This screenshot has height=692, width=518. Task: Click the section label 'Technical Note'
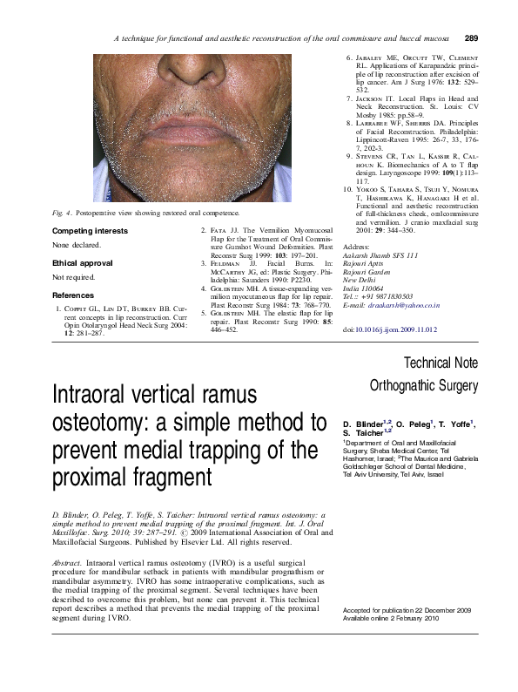click(x=444, y=362)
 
